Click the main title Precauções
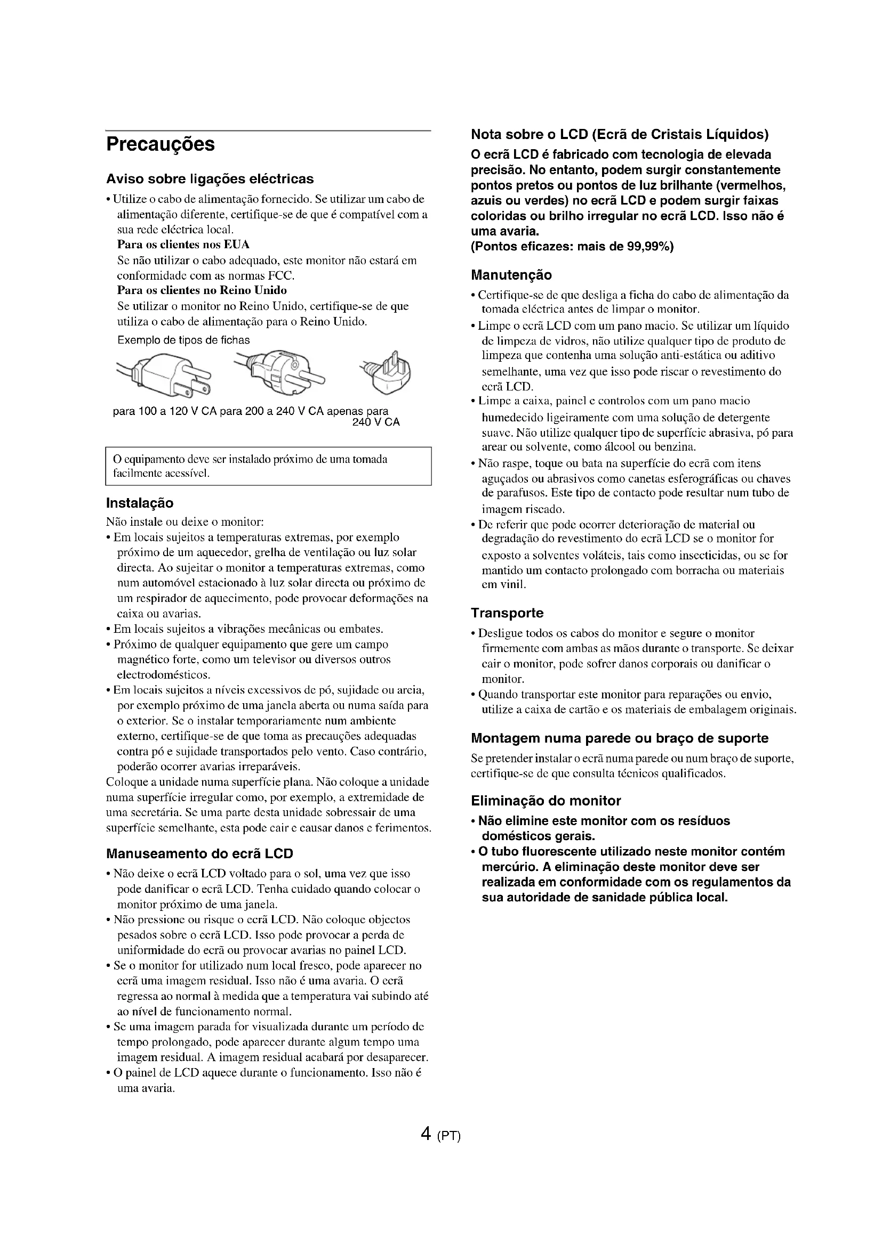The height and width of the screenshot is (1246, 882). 160,144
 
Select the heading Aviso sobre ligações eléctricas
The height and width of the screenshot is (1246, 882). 210,178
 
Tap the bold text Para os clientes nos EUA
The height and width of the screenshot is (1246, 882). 183,244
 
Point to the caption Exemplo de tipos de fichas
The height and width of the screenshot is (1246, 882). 183,340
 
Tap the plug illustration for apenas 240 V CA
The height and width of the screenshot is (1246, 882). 388,372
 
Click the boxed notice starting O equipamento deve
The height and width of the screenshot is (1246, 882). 268,466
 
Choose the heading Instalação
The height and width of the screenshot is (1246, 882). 140,503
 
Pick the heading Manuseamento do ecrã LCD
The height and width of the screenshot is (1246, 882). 199,853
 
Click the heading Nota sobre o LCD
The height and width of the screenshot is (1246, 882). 620,134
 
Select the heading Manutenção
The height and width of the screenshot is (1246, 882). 511,274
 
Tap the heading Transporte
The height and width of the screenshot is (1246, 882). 507,613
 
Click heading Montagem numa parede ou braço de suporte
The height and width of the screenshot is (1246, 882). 620,738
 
